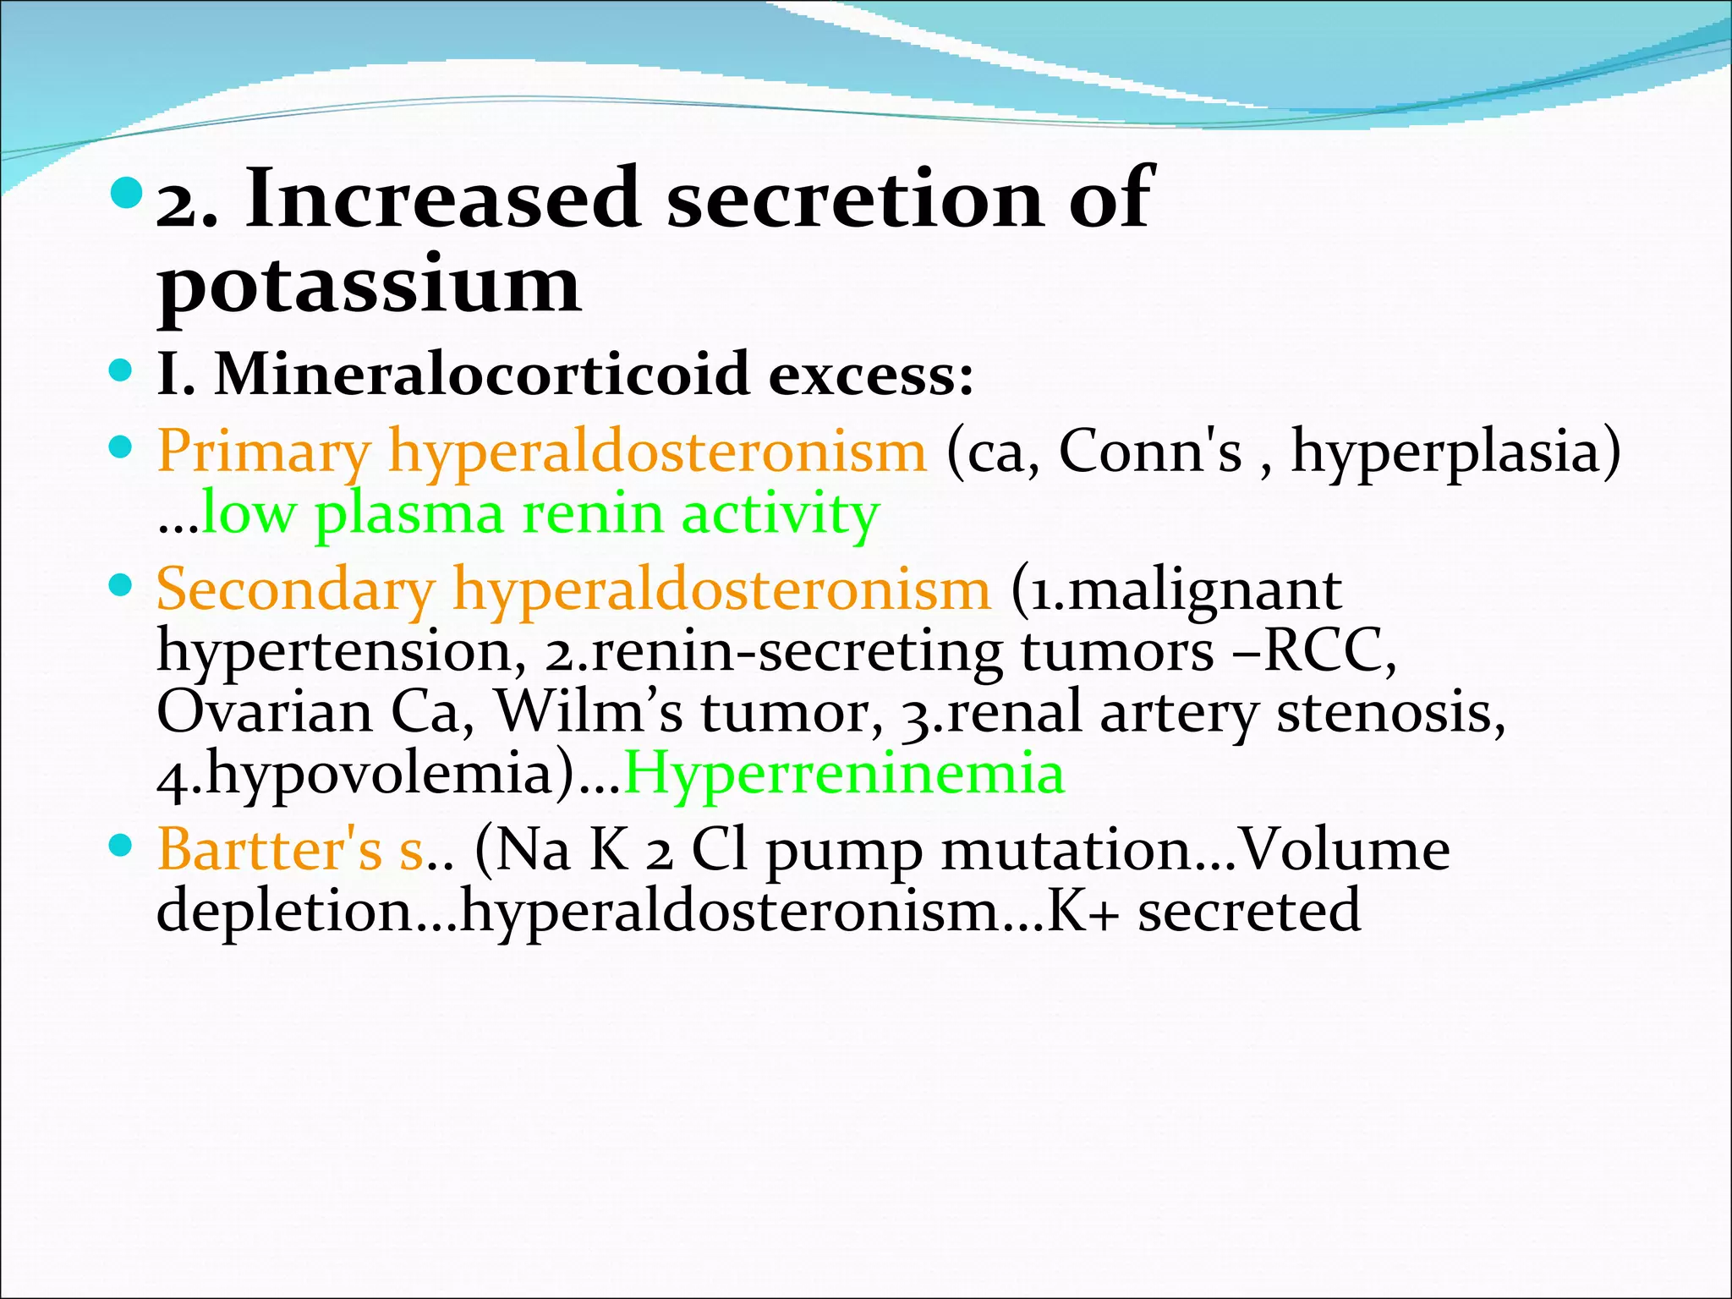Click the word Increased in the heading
pyautogui.click(x=441, y=199)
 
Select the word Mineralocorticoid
pyautogui.click(x=482, y=374)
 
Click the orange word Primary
pyautogui.click(x=264, y=452)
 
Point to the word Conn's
pyautogui.click(x=1150, y=451)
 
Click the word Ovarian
pyautogui.click(x=265, y=713)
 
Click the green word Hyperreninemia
pyautogui.click(x=844, y=774)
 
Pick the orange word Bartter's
pyautogui.click(x=270, y=850)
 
